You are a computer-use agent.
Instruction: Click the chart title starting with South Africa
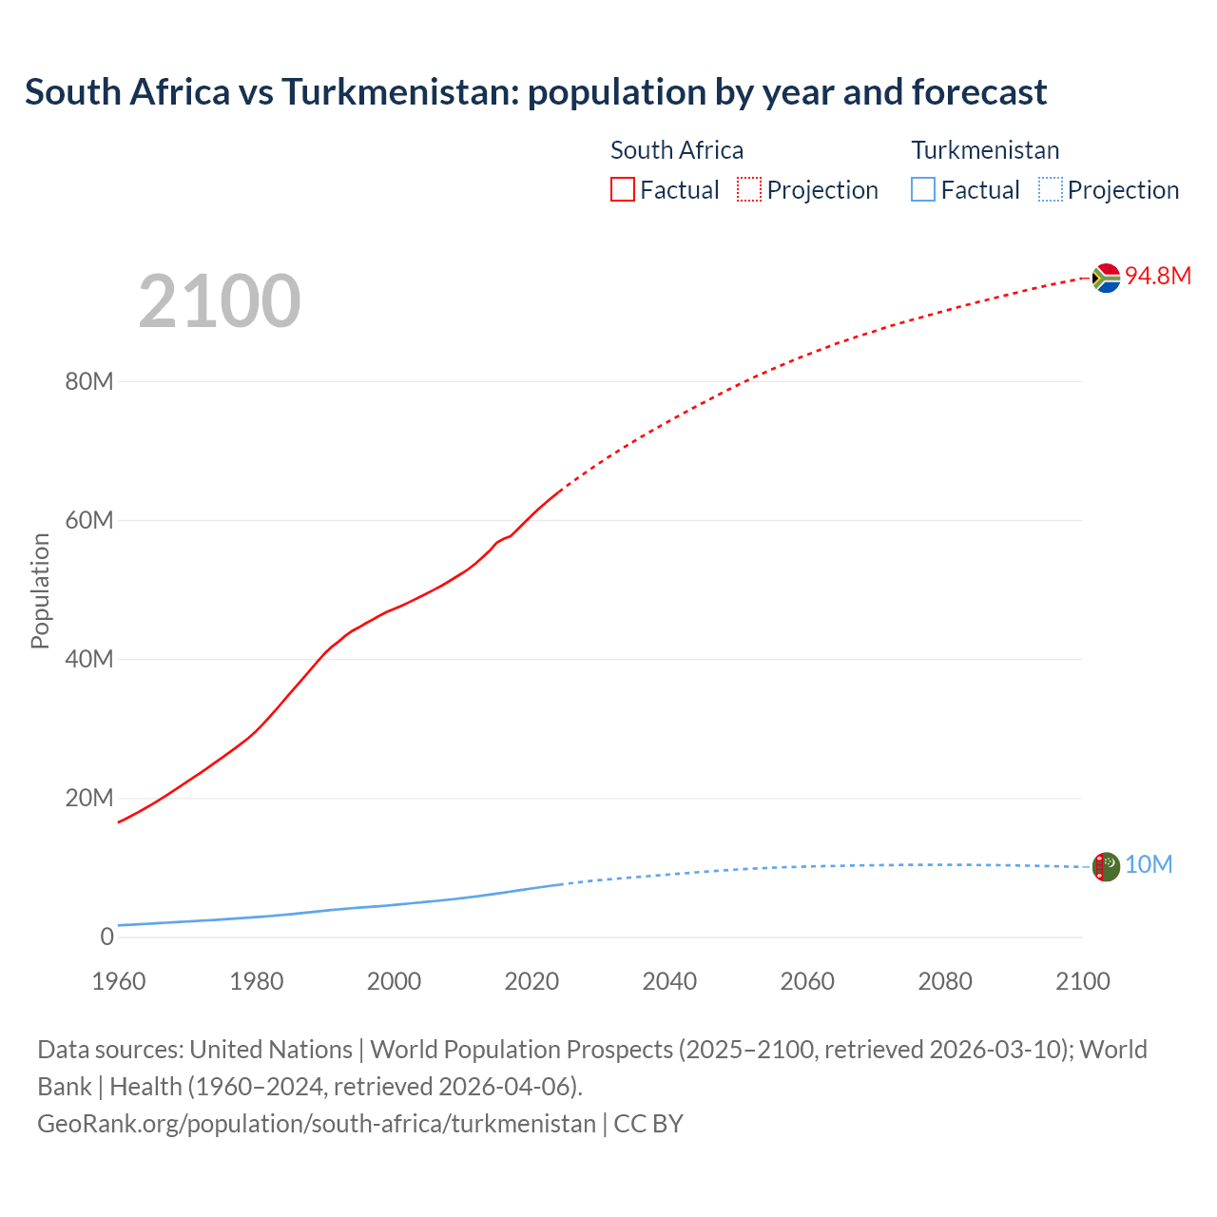tap(535, 92)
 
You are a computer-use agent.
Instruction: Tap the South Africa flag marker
tap(1106, 278)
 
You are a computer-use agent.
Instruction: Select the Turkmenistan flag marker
tap(1106, 867)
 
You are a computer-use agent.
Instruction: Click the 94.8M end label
tap(1157, 276)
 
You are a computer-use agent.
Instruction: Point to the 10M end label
tap(1148, 864)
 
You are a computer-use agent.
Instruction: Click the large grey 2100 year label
tap(220, 302)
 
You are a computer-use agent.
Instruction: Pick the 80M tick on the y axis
tap(89, 381)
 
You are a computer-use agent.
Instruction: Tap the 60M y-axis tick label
tap(89, 520)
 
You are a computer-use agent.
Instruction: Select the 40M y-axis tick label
tap(89, 659)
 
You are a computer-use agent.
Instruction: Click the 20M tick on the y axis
tap(89, 798)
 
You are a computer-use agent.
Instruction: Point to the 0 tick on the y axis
tap(106, 937)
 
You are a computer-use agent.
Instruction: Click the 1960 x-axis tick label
tap(119, 981)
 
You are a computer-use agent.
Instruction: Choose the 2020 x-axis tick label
tap(531, 981)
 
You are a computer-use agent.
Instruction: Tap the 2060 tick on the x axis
tap(807, 981)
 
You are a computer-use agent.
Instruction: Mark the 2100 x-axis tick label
tap(1082, 981)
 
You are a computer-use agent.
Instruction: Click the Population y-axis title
tap(40, 590)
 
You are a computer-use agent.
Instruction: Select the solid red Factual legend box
tap(623, 190)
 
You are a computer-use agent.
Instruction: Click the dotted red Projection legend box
tap(749, 190)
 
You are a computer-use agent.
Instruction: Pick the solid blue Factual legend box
tap(923, 190)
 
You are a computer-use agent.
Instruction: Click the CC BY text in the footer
tap(648, 1124)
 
